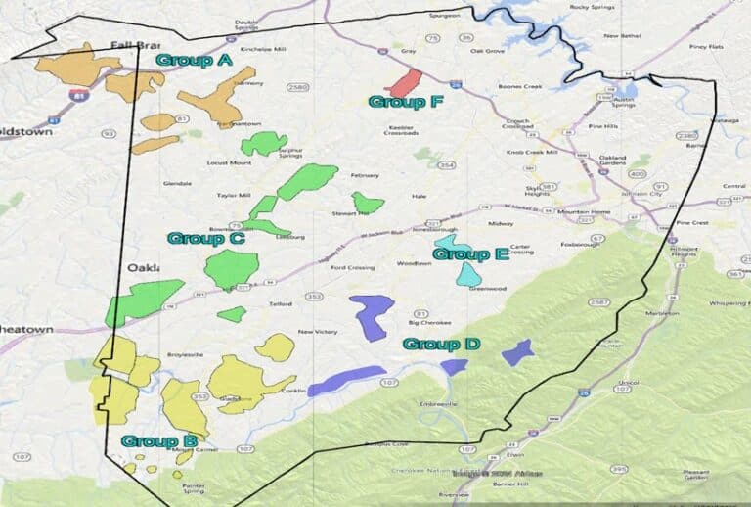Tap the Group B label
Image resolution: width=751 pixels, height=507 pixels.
point(158,441)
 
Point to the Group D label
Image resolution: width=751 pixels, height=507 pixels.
point(441,344)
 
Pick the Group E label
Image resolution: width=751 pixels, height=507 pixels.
point(470,254)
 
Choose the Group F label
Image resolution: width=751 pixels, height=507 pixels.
point(397,101)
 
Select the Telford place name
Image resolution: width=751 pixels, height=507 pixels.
point(282,305)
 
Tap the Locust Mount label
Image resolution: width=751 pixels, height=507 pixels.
point(230,162)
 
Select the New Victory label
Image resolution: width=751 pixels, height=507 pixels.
point(318,332)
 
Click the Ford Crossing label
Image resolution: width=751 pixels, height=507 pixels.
point(350,267)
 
